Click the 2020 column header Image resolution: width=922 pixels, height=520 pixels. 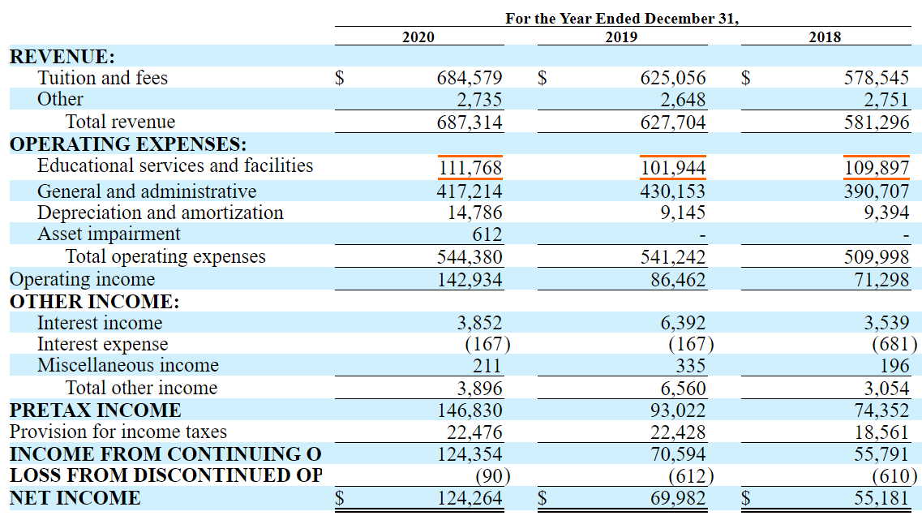pos(418,37)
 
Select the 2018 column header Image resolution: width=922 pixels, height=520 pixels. pos(825,37)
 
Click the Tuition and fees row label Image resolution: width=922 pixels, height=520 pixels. pos(102,78)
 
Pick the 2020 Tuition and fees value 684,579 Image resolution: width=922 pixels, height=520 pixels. pos(470,79)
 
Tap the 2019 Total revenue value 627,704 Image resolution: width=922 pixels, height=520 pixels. pos(673,122)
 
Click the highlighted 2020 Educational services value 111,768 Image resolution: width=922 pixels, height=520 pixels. pos(470,168)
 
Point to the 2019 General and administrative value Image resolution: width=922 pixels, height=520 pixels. pos(673,191)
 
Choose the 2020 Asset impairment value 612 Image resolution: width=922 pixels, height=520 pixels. pos(487,234)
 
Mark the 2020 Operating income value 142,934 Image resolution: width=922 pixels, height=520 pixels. pos(470,280)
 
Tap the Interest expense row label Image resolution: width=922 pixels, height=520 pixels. pos(102,344)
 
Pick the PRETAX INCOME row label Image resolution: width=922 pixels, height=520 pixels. pos(95,410)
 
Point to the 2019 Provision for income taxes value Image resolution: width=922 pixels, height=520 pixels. pos(673,432)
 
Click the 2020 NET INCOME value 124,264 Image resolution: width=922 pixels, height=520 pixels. pos(470,498)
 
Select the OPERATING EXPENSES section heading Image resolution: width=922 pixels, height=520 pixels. pos(128,144)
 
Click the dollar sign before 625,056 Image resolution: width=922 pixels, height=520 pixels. pos(543,79)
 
